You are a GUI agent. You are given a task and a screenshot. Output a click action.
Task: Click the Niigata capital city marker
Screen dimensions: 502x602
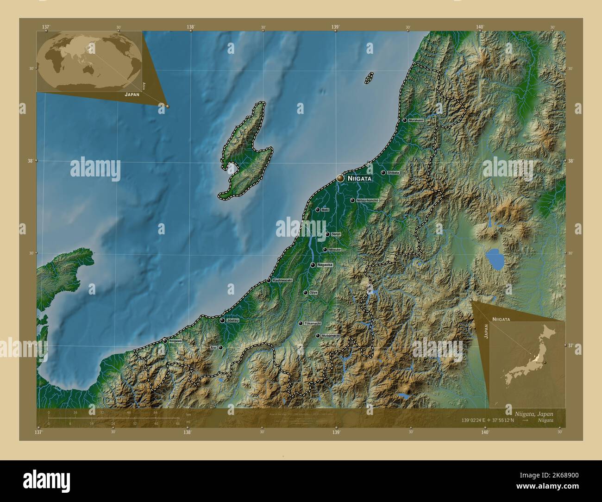point(340,178)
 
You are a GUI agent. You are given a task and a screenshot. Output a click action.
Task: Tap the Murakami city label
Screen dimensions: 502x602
point(416,120)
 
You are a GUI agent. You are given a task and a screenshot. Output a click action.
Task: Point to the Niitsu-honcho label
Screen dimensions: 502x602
point(368,201)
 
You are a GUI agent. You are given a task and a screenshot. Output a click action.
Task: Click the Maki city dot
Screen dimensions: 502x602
point(318,210)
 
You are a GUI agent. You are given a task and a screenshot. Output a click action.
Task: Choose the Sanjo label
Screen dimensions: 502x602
point(336,234)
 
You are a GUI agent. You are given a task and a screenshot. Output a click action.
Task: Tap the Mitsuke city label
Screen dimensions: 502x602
point(335,250)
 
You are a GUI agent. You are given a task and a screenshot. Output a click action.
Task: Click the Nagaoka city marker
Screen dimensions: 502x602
point(313,265)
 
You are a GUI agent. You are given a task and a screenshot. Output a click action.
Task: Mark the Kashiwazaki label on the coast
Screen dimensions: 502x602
point(282,281)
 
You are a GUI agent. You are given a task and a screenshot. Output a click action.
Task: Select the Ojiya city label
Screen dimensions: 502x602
point(313,293)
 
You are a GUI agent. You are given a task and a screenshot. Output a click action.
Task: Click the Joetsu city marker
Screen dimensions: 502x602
point(222,320)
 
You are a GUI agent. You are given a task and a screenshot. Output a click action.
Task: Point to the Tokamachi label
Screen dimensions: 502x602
point(313,323)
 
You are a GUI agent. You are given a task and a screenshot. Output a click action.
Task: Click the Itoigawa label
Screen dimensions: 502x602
point(176,341)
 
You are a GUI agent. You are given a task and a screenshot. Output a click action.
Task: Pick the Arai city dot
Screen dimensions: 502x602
point(220,347)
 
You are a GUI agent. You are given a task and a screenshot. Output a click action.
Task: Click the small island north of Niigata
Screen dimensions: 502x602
point(369,77)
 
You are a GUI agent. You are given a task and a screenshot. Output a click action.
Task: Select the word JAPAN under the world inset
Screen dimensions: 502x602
point(132,94)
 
